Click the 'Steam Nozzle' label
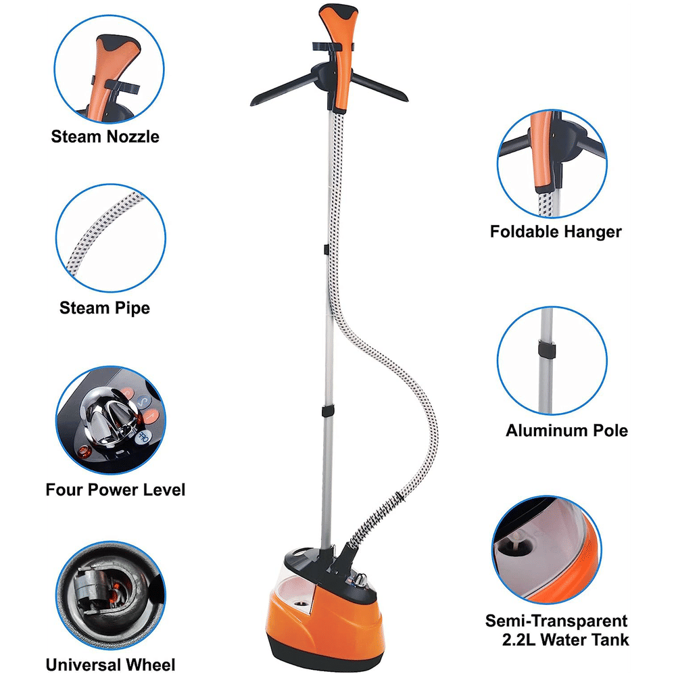(x=105, y=137)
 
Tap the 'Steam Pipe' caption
(x=105, y=308)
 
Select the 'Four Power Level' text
(x=115, y=489)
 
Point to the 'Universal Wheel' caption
(x=110, y=665)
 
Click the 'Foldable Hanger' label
(x=556, y=232)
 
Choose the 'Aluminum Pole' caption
(x=566, y=431)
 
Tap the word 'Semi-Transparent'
(x=556, y=621)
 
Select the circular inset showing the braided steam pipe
(x=110, y=239)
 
